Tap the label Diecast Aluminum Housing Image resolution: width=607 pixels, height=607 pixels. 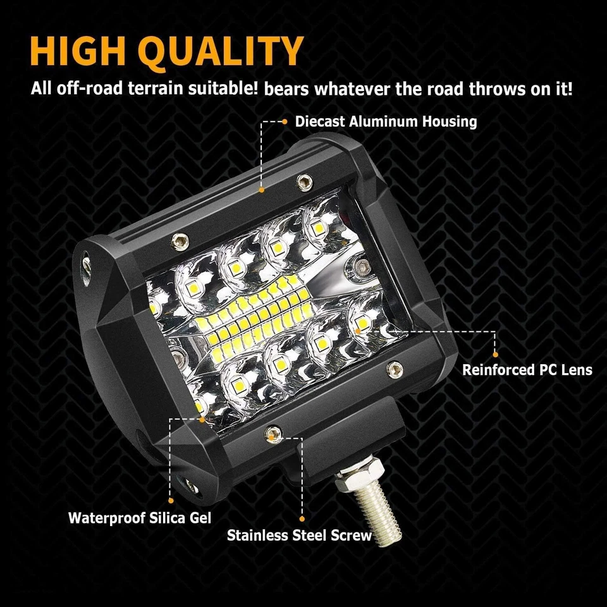pyautogui.click(x=386, y=121)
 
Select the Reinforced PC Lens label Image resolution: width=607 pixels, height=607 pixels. pyautogui.click(x=527, y=369)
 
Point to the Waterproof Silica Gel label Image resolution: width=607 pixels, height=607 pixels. pyautogui.click(x=140, y=518)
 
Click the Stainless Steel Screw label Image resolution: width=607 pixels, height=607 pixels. pyautogui.click(x=300, y=536)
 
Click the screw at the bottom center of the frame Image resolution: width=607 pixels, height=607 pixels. pyautogui.click(x=272, y=433)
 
